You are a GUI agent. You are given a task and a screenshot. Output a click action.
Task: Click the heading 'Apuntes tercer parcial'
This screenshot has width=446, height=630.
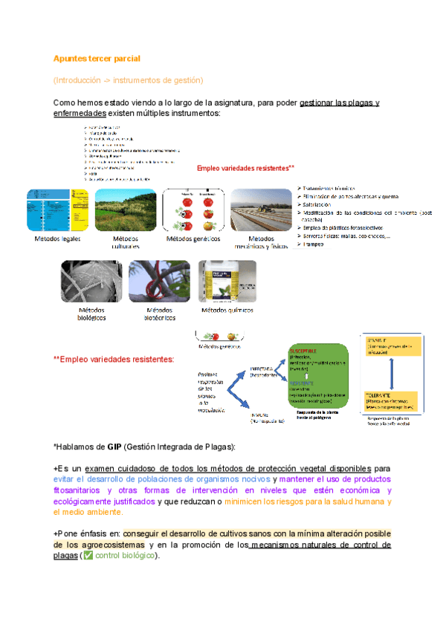pyautogui.click(x=97, y=58)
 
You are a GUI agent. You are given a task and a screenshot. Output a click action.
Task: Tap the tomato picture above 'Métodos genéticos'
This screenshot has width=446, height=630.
pyautogui.click(x=192, y=211)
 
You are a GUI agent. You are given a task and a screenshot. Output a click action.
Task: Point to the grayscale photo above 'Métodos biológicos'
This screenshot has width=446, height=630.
pyautogui.click(x=91, y=281)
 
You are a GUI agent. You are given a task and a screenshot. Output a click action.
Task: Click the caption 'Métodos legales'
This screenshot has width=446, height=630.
pyautogui.click(x=57, y=240)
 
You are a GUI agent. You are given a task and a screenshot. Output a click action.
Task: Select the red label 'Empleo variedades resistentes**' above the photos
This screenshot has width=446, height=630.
pyautogui.click(x=245, y=168)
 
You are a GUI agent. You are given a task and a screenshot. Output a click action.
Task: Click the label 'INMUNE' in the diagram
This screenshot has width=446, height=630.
pyautogui.click(x=259, y=415)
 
